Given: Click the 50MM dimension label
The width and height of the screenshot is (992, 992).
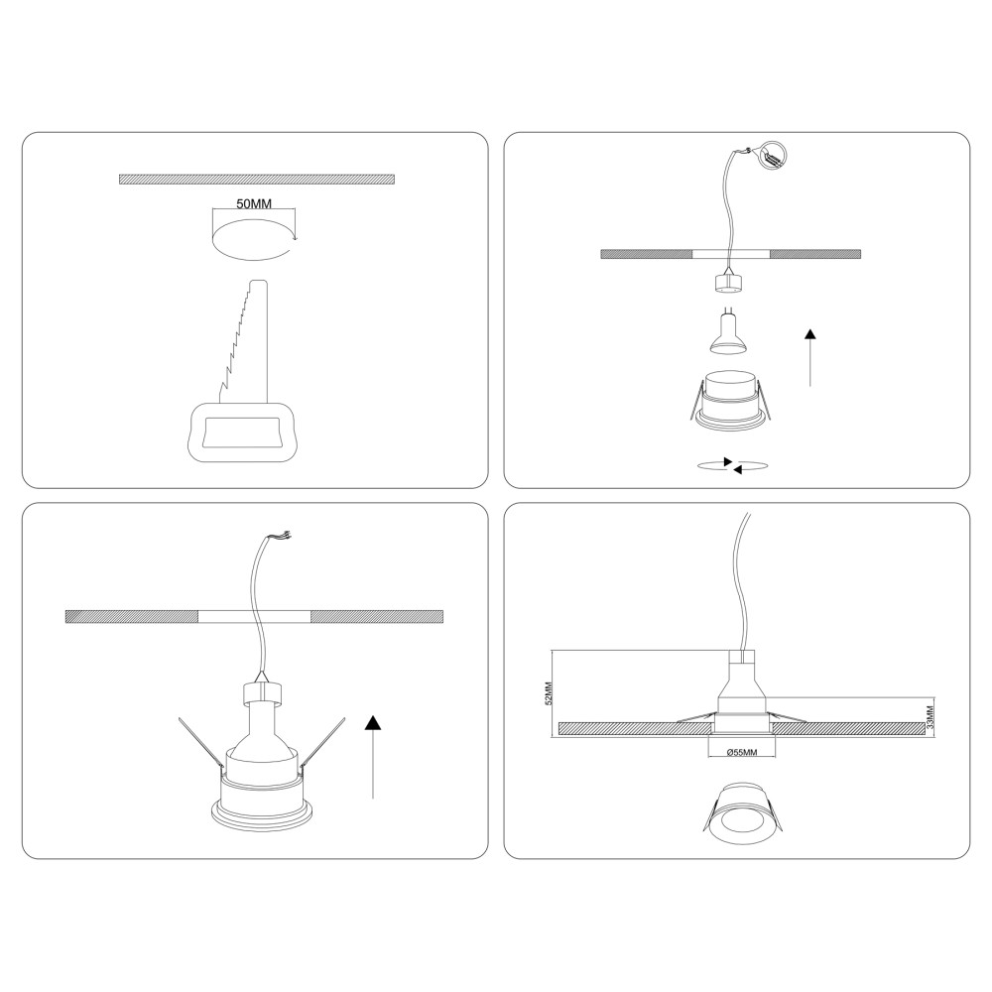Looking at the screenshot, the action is click(254, 203).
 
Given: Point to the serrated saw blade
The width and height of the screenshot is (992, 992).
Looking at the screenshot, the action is click(244, 341).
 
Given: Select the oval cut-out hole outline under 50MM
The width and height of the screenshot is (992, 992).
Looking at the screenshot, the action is click(254, 239).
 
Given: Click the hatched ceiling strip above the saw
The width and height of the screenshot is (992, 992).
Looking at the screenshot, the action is click(257, 179).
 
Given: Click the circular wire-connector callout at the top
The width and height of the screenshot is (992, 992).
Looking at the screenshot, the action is click(774, 156).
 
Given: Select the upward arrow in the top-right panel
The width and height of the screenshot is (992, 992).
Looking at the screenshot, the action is click(809, 357).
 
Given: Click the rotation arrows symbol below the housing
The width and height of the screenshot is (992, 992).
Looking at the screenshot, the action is click(732, 465).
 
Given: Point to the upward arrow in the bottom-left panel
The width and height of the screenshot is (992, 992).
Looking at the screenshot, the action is click(373, 757).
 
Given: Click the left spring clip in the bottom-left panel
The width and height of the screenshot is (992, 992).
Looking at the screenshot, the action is click(201, 747).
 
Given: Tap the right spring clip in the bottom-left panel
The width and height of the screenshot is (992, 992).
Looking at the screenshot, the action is click(323, 747).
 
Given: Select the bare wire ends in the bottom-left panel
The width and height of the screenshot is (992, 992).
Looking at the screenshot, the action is click(282, 536).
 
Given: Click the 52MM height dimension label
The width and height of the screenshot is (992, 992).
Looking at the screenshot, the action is click(549, 692).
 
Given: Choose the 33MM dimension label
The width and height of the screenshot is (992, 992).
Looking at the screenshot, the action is click(930, 718).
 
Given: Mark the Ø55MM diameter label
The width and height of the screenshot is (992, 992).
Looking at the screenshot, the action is click(741, 752).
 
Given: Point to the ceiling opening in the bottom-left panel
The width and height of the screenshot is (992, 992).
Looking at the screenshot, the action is click(254, 616).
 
